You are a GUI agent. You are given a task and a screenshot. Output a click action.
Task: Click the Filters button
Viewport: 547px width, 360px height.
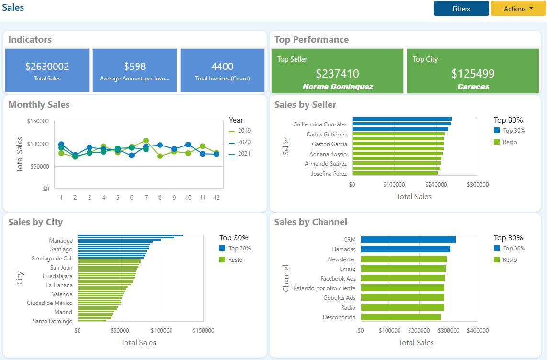click(461, 9)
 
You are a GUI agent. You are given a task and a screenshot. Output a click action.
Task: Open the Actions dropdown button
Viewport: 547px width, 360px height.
click(518, 9)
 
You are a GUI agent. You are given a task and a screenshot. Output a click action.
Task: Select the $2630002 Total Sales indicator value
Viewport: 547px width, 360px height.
click(47, 67)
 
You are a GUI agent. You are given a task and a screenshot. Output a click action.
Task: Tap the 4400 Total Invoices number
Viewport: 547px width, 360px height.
click(222, 67)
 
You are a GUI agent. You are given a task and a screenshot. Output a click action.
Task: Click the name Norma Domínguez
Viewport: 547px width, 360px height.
click(338, 87)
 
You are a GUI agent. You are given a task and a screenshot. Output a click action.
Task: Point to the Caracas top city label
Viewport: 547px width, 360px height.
click(473, 87)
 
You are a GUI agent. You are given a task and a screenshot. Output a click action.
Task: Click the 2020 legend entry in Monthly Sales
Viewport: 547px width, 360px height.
click(244, 142)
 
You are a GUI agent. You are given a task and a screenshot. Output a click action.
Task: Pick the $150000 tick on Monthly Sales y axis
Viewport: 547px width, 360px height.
click(38, 121)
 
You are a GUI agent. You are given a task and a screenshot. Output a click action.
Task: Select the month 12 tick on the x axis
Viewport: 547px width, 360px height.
click(217, 197)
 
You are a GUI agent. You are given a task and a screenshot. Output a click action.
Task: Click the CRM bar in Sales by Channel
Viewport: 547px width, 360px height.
click(408, 239)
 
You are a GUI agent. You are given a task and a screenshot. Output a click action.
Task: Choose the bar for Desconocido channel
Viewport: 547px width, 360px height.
click(400, 317)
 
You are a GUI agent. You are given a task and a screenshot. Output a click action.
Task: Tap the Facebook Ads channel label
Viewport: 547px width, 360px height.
click(338, 278)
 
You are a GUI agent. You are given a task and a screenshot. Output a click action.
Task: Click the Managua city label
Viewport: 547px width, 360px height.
click(61, 241)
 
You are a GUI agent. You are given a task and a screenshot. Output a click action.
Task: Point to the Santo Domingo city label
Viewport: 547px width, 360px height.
click(53, 321)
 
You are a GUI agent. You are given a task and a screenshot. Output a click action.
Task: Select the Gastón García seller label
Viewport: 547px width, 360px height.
click(329, 144)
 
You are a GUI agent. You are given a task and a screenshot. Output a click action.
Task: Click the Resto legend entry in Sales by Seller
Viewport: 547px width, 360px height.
click(510, 142)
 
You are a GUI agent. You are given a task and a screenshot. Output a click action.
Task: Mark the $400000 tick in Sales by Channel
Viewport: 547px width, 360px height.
click(478, 330)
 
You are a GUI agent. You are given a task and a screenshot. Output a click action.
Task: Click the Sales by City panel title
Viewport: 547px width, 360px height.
click(35, 222)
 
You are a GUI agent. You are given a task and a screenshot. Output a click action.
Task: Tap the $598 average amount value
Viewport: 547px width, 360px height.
click(135, 67)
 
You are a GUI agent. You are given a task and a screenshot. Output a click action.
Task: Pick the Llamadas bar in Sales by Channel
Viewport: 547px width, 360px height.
click(405, 249)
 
